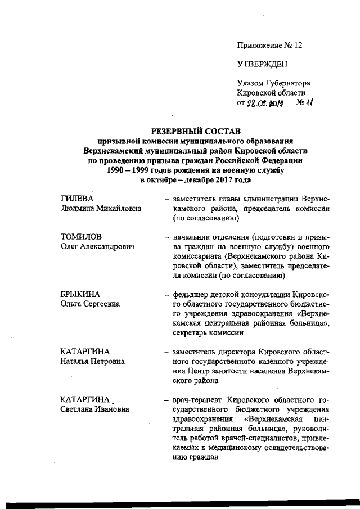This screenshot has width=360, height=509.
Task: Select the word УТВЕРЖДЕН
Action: (x=263, y=64)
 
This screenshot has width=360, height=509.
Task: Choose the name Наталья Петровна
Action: (x=92, y=361)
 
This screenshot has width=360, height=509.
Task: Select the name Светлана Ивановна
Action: (x=94, y=409)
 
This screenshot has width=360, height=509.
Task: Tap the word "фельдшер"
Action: (x=191, y=294)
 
